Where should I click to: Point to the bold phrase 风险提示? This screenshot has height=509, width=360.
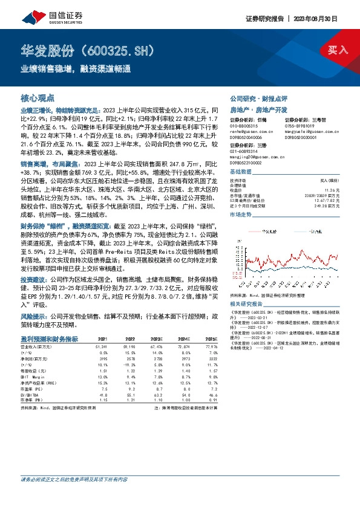31,316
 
